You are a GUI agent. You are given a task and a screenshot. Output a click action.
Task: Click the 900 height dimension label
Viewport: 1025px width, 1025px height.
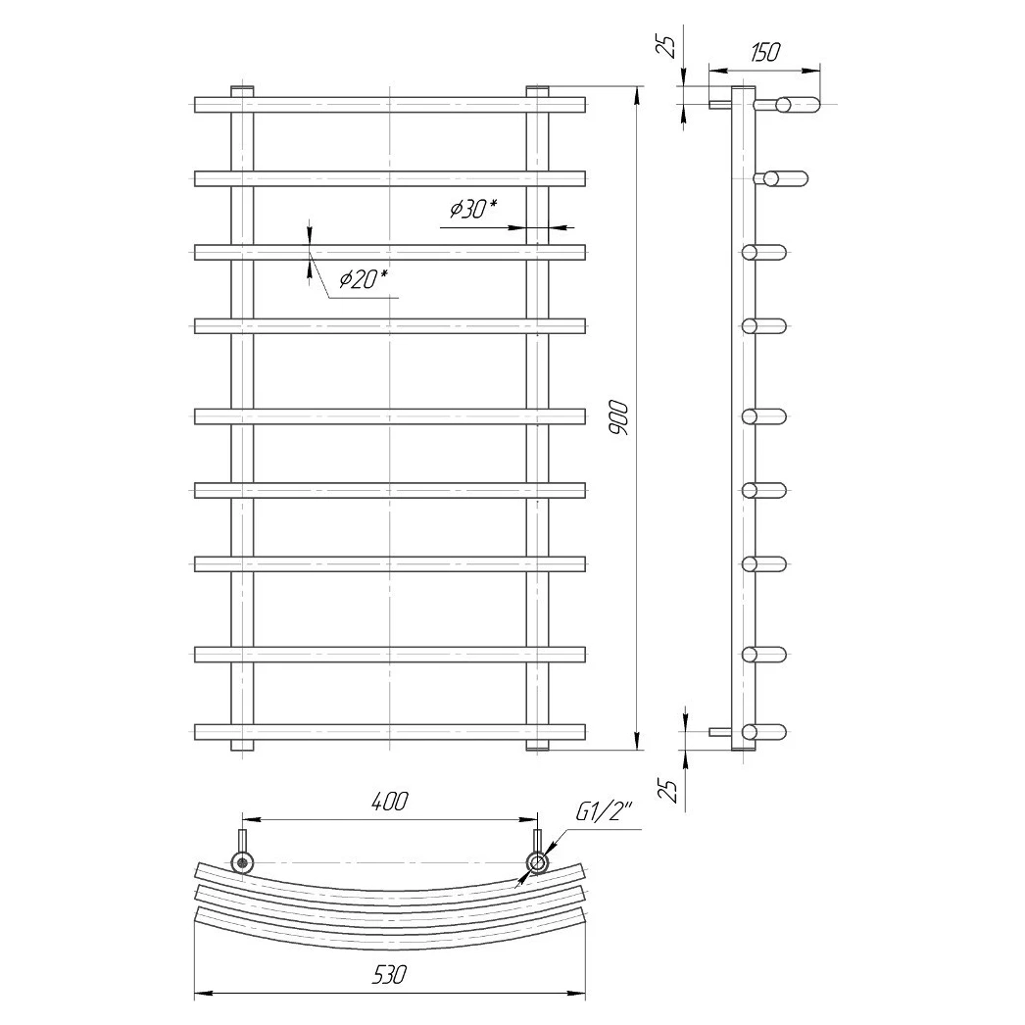coord(617,419)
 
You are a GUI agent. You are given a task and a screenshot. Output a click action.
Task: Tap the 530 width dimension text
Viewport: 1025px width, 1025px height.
coord(390,975)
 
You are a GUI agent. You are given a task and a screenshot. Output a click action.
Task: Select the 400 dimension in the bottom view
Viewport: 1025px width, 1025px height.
coord(390,802)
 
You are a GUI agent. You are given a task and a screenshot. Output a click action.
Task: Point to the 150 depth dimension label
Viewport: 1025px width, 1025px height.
coord(764,52)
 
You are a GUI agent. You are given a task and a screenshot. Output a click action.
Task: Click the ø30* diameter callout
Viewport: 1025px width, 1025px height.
coord(473,209)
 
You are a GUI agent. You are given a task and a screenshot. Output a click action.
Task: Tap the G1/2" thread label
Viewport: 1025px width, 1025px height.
coord(604,812)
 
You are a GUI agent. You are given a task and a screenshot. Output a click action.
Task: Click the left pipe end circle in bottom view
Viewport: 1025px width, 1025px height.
coord(242,862)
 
